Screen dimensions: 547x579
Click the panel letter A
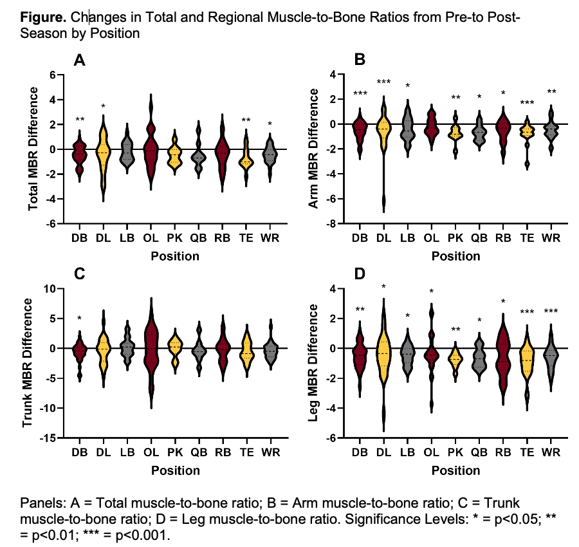pyautogui.click(x=80, y=60)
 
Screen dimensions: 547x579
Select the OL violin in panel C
pyautogui.click(x=151, y=351)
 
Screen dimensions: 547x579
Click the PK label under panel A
pyautogui.click(x=175, y=237)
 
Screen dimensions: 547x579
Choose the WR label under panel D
pyautogui.click(x=550, y=452)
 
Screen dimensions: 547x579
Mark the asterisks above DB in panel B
pyautogui.click(x=360, y=94)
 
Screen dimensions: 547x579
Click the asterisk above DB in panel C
pyautogui.click(x=79, y=319)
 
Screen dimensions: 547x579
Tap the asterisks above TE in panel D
pyautogui.click(x=527, y=313)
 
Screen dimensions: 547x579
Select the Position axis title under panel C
pyautogui.click(x=175, y=470)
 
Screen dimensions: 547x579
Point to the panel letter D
pyautogui.click(x=360, y=274)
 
